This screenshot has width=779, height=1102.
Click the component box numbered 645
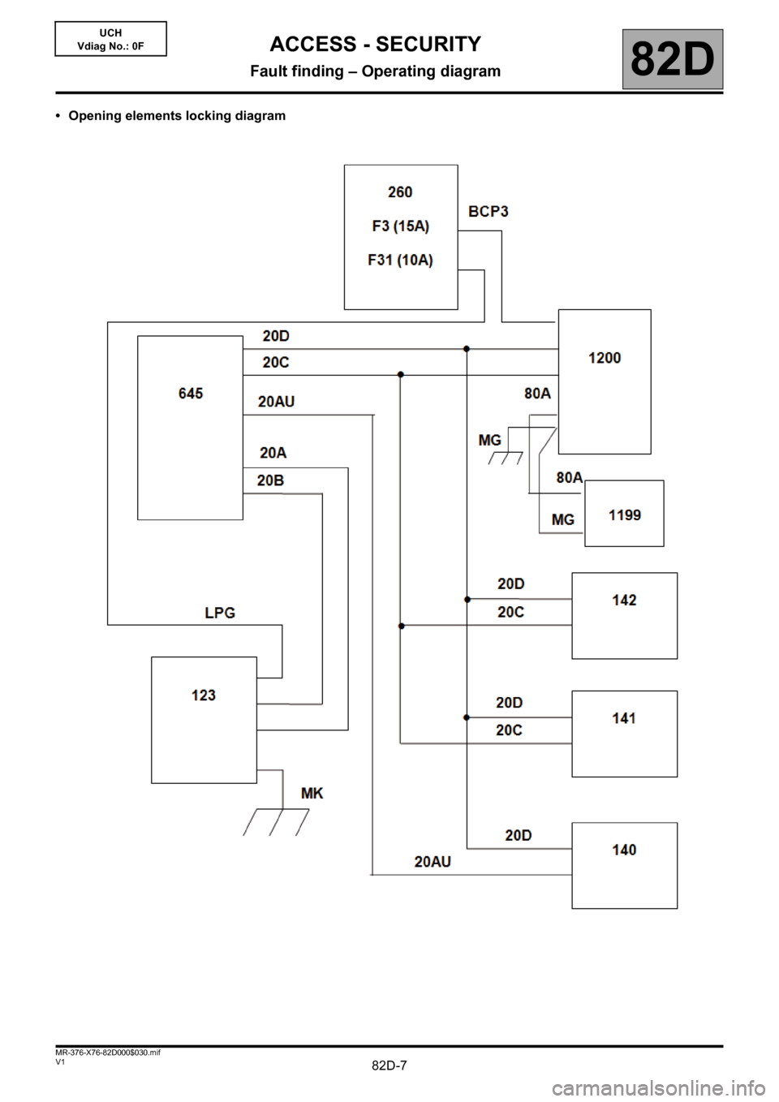coord(190,427)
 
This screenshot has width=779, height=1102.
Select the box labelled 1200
coord(605,381)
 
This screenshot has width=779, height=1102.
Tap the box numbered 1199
coord(624,514)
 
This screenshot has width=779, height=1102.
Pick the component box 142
coord(624,615)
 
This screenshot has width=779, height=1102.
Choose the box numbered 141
coord(624,734)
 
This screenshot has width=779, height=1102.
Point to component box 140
coord(624,865)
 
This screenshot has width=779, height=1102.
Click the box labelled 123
coord(204,720)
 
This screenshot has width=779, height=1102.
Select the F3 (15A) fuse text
coord(401,226)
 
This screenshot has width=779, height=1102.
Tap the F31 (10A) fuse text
coord(401,260)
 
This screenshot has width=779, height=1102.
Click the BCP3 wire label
coord(488,211)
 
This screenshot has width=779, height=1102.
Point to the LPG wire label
coord(220,613)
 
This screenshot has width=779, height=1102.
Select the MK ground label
coord(312,793)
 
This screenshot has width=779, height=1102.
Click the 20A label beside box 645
coord(273,453)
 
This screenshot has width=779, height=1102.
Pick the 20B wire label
coord(270,480)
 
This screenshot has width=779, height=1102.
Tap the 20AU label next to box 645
coord(276,401)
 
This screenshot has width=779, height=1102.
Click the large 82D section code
coord(673,59)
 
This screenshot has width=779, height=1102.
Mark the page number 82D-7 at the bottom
coord(389,1065)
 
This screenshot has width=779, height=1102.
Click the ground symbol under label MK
coord(276,821)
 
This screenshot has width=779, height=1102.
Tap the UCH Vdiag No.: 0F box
coord(110,39)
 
